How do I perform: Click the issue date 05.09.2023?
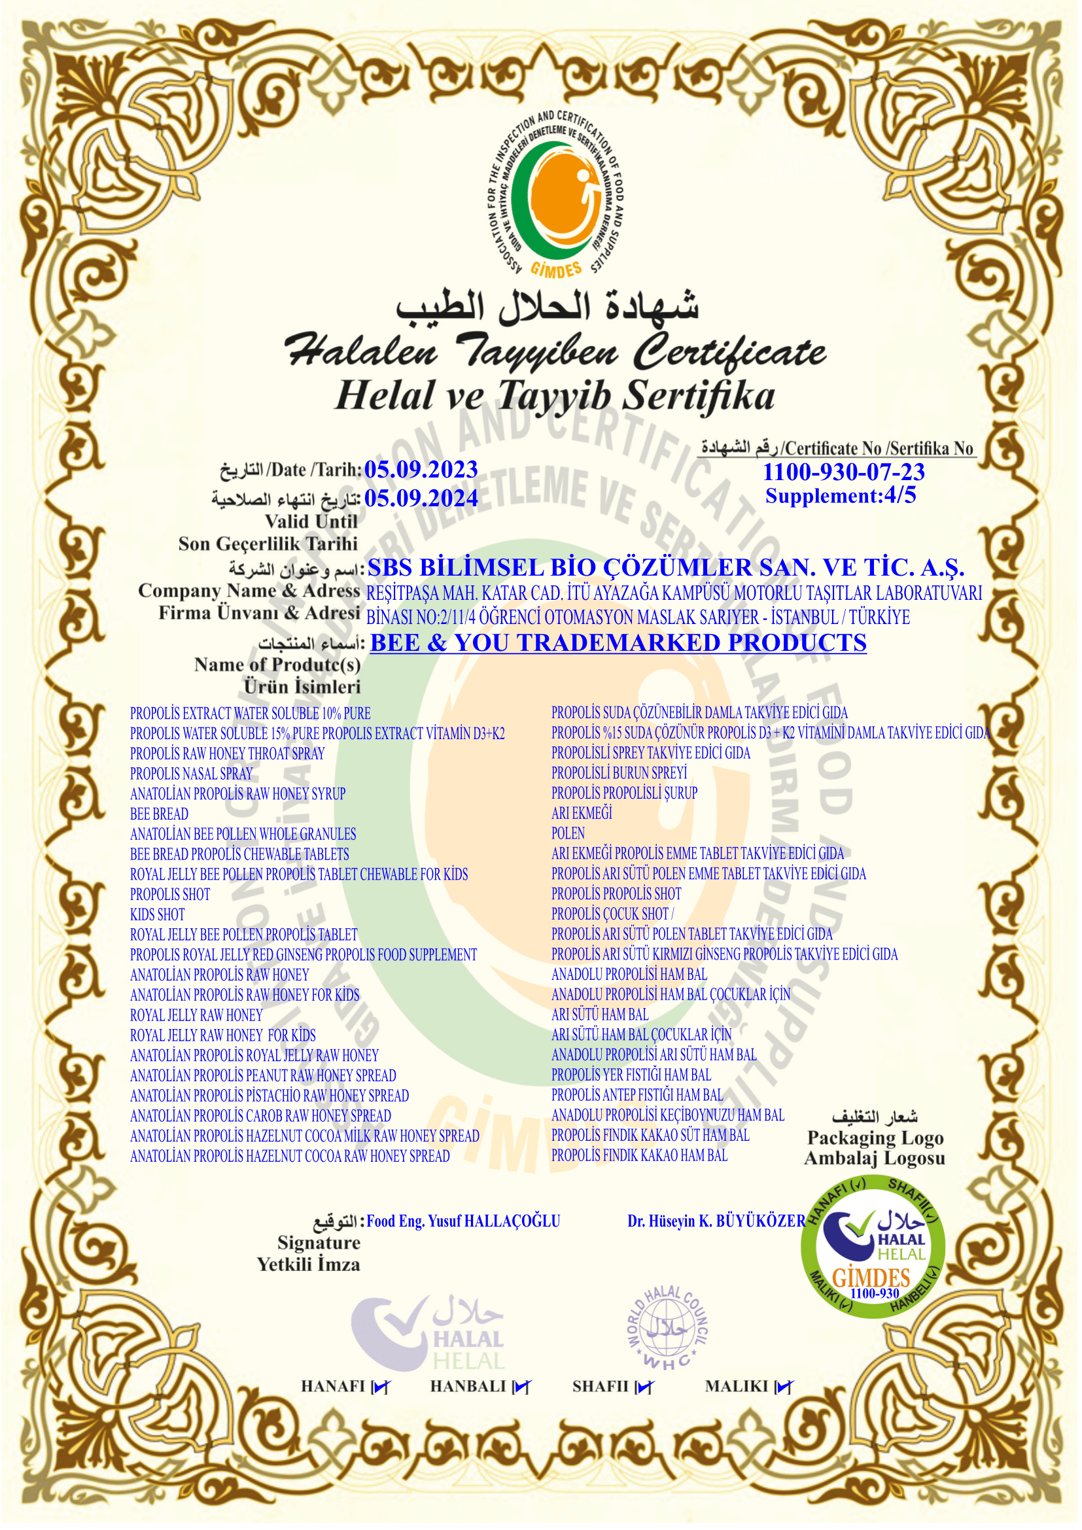pos(421,469)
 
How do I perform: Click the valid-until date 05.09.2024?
pos(421,498)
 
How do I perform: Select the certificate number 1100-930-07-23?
pos(843,472)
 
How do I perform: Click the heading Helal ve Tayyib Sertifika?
pos(554,394)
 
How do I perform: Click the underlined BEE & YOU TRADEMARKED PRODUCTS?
pos(618,642)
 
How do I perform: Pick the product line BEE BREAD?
pos(159,814)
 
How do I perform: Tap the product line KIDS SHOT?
pos(157,914)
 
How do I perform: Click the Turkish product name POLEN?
pos(568,833)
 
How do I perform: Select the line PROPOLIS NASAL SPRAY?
pos(191,774)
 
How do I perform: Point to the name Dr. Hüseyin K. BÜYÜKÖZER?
pos(716,1221)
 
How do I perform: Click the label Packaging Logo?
pos(875,1138)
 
